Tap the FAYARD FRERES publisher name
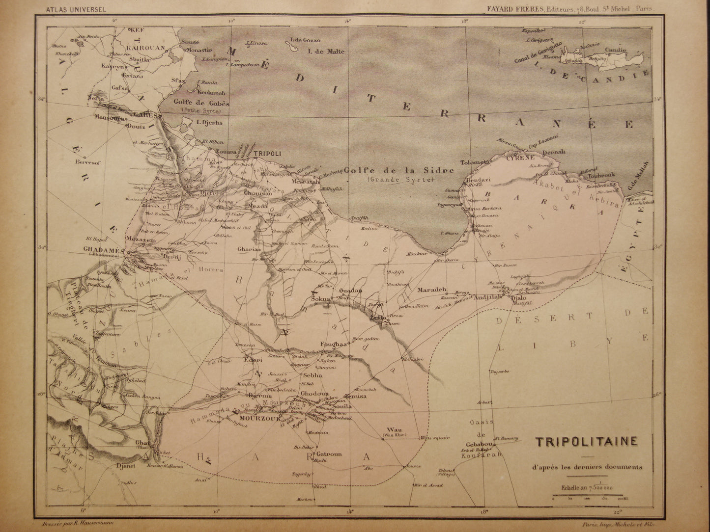pos(519,8)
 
